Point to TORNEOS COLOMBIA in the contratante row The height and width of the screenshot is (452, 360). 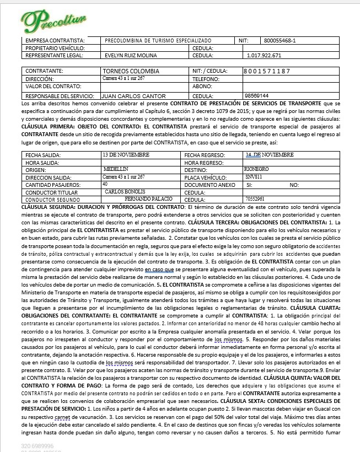click(131, 72)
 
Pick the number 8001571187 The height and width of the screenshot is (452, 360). click(267, 72)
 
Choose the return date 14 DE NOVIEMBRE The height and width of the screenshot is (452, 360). click(270, 155)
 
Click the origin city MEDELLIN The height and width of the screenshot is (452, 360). click(115, 169)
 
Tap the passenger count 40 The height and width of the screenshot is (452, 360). click(105, 184)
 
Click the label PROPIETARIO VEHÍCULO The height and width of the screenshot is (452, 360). click(55, 48)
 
